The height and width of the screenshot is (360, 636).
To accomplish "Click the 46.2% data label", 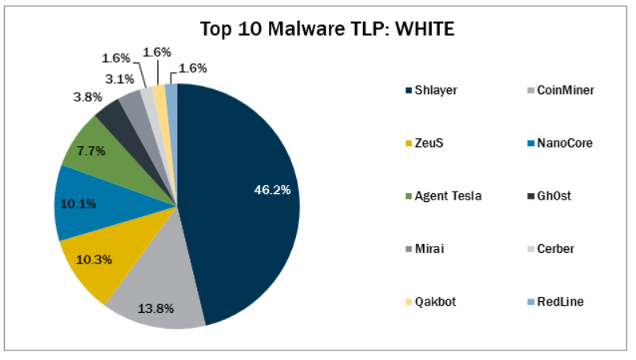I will pos(272,189).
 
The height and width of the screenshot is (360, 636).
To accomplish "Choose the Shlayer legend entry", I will pos(434,90).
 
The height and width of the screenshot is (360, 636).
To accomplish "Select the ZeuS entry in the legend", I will pos(428,143).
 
